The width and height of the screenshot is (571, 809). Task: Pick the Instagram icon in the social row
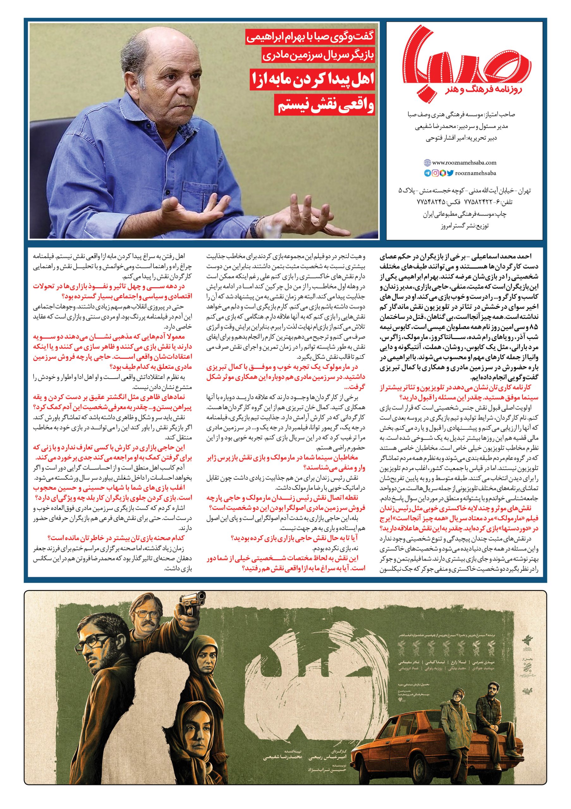click(435, 173)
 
